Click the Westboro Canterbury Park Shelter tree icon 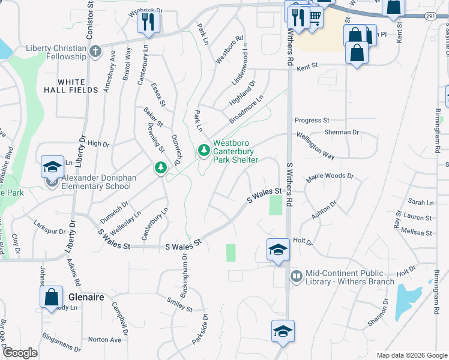[x=204, y=149]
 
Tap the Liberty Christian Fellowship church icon [x=95, y=52]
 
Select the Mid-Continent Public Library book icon [x=296, y=277]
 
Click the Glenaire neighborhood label [x=86, y=298]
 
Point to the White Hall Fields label [x=78, y=85]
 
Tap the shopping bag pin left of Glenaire [x=52, y=296]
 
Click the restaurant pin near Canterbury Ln [x=147, y=23]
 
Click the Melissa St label [x=417, y=232]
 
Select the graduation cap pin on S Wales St [x=278, y=249]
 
